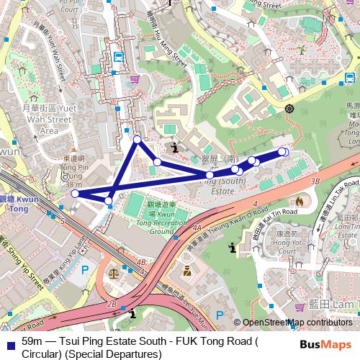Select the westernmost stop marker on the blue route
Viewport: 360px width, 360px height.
pos(75,193)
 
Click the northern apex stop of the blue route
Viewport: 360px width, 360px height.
pos(137,139)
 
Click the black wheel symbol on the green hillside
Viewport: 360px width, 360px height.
pos(289,108)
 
